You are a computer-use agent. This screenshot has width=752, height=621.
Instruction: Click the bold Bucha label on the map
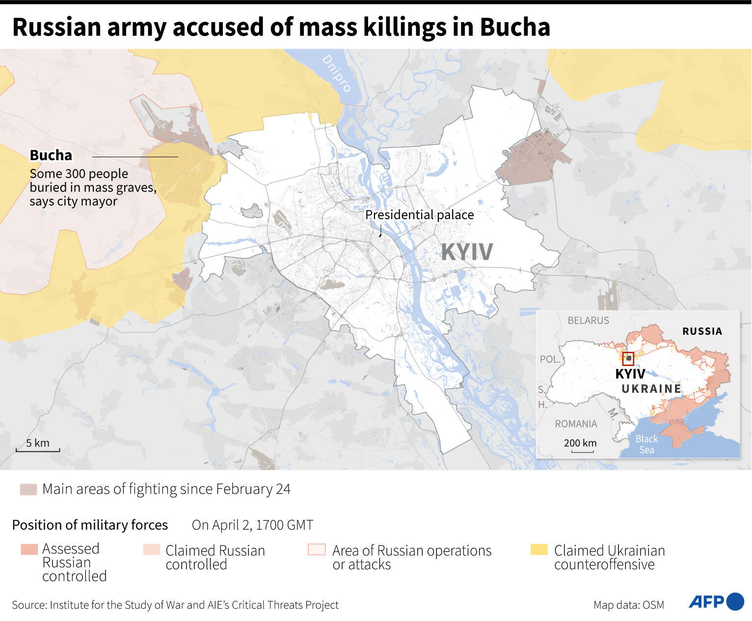pyautogui.click(x=51, y=155)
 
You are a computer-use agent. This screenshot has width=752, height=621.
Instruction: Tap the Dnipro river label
pyautogui.click(x=337, y=73)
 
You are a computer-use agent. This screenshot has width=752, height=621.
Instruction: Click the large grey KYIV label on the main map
pyautogui.click(x=466, y=252)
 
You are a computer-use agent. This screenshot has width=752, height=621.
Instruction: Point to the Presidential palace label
pyautogui.click(x=419, y=215)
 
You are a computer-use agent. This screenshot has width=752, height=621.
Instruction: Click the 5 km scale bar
pyautogui.click(x=38, y=449)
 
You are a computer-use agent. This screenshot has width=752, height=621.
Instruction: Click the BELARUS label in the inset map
pyautogui.click(x=588, y=320)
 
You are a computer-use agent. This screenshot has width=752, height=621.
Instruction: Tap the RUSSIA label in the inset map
pyautogui.click(x=702, y=331)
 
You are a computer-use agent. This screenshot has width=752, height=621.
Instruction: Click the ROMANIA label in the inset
pyautogui.click(x=576, y=423)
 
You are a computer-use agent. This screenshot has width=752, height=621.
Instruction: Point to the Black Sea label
pyautogui.click(x=646, y=444)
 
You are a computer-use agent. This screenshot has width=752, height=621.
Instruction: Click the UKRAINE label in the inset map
pyautogui.click(x=651, y=389)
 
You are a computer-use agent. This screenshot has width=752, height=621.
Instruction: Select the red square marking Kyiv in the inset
pyautogui.click(x=628, y=359)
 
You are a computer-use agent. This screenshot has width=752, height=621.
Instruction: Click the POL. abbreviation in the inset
pyautogui.click(x=550, y=359)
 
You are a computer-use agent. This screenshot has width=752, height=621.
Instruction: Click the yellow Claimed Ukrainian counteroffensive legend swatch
pyautogui.click(x=539, y=550)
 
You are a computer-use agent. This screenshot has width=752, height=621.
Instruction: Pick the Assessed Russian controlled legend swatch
pyautogui.click(x=29, y=549)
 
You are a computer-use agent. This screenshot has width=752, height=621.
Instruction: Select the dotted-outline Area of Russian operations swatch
pyautogui.click(x=317, y=550)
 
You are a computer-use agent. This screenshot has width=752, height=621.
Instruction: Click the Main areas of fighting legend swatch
pyautogui.click(x=28, y=489)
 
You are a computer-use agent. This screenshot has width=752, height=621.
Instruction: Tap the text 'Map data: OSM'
pyautogui.click(x=628, y=605)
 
